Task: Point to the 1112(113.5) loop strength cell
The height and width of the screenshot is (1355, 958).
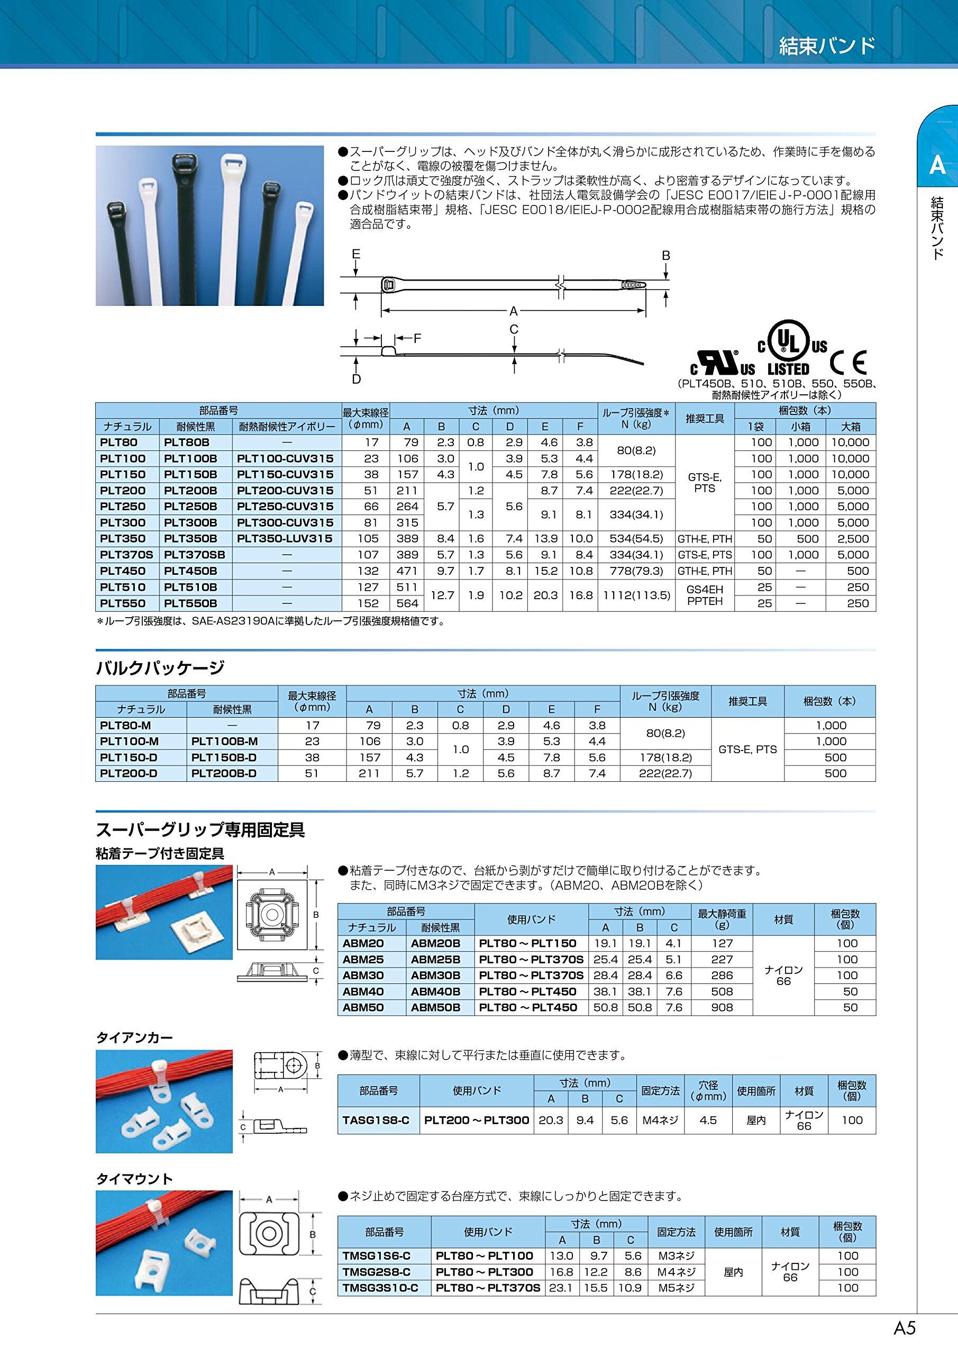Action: coord(635,595)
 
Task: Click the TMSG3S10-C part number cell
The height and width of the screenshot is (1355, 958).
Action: coord(384,1288)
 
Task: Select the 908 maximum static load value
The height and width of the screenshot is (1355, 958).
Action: coord(722,1007)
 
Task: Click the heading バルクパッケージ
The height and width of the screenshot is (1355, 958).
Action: coord(160,667)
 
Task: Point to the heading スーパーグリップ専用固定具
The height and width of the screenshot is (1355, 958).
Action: coord(200,830)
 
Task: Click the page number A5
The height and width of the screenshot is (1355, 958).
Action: coord(905,1328)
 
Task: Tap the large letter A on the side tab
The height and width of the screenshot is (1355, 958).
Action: coord(937,166)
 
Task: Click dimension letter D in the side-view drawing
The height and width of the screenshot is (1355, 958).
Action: coord(357,379)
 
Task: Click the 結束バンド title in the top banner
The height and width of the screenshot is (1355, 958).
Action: coord(827,46)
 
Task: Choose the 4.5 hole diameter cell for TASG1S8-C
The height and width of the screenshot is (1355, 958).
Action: coord(707,1120)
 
